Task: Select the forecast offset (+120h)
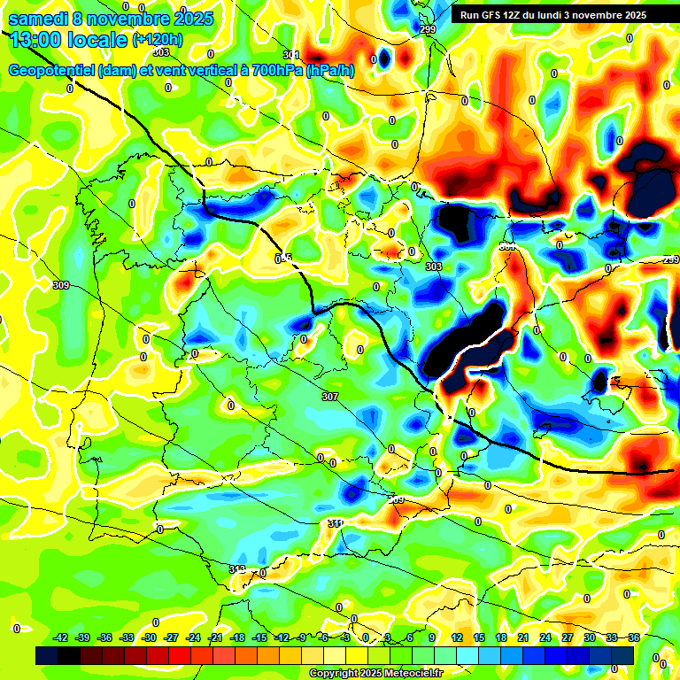click(158, 39)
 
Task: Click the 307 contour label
click(330, 397)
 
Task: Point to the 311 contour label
click(335, 523)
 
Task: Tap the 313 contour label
click(236, 569)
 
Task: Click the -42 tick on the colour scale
click(61, 637)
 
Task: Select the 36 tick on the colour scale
click(633, 637)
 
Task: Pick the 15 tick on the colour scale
click(479, 637)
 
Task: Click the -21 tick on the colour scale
click(215, 637)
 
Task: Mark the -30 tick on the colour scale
click(149, 637)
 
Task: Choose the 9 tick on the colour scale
click(432, 637)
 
